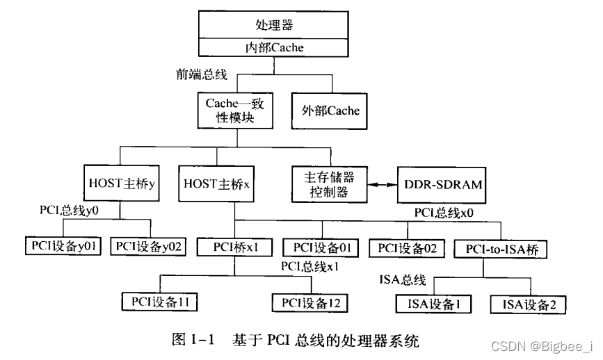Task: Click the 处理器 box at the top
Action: (273, 26)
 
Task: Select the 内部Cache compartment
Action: (273, 48)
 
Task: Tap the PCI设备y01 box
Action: (63, 245)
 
